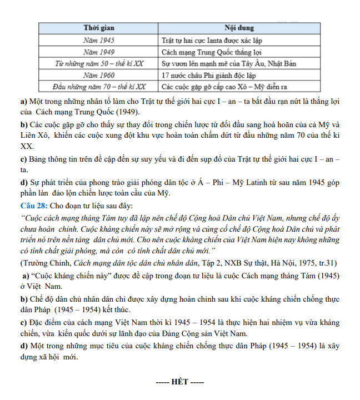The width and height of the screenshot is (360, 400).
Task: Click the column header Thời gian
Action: pos(99,28)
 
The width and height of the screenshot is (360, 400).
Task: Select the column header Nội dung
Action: pos(239,28)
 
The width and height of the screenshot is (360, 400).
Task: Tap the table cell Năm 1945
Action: pos(99,40)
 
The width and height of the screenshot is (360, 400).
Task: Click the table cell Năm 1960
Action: pos(99,75)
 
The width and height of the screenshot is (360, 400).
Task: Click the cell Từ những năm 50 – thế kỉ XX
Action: pos(99,63)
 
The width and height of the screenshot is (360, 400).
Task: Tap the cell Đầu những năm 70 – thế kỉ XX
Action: pos(99,87)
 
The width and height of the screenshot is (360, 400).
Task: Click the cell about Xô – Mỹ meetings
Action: pos(224,87)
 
